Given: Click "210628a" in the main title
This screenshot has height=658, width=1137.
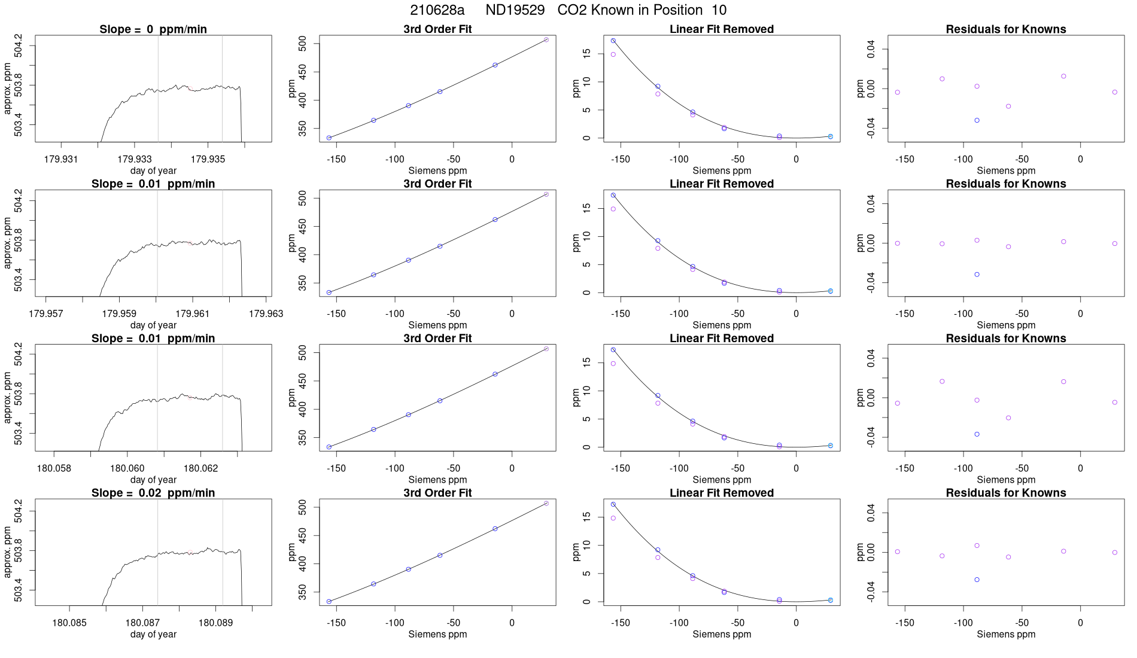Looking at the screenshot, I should (437, 10).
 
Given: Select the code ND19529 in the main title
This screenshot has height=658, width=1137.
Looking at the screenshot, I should (515, 10).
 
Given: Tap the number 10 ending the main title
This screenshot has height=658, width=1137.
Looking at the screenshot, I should (719, 10).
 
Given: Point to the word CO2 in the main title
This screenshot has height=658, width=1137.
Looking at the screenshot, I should (572, 10).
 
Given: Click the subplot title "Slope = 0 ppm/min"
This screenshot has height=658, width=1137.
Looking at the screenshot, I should (153, 29).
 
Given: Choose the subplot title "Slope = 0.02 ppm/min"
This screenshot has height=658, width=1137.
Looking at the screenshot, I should (153, 493).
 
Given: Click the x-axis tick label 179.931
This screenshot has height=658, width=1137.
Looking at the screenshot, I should (61, 159).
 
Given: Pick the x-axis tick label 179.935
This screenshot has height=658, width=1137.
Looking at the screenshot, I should (208, 159).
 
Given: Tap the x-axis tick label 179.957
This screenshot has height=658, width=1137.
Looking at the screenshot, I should (45, 313).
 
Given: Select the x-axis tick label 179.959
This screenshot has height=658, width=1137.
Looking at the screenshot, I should (119, 313).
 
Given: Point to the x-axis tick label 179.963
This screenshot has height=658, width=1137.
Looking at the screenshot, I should (266, 313).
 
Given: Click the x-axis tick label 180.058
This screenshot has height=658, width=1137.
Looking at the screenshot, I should (54, 468).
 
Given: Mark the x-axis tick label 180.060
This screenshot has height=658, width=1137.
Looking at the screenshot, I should (127, 468).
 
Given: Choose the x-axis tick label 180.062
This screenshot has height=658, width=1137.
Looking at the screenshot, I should (200, 468).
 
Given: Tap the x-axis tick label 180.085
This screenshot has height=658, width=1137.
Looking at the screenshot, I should (69, 623).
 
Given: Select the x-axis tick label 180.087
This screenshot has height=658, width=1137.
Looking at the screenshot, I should (142, 623).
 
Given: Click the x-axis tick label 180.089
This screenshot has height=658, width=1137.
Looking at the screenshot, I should (215, 623).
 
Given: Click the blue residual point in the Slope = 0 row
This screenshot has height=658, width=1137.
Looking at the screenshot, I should (977, 120).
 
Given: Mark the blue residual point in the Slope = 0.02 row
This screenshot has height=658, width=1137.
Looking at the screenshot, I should (977, 580).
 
